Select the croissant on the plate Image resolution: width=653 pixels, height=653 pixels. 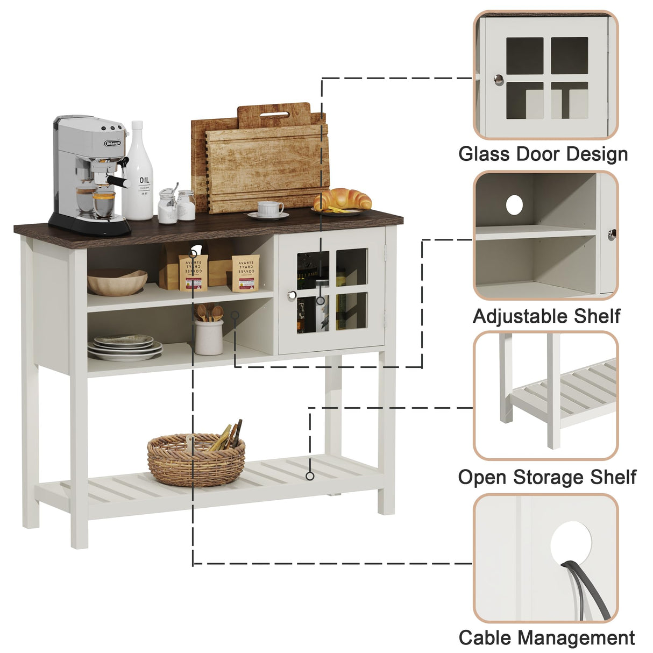pyautogui.click(x=343, y=199)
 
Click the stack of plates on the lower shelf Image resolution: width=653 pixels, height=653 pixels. pyautogui.click(x=125, y=347)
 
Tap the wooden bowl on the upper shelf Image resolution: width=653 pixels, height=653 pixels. pyautogui.click(x=117, y=282)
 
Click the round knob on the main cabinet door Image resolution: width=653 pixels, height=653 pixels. pyautogui.click(x=292, y=295)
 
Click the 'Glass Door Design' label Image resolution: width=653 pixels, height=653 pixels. pyautogui.click(x=543, y=154)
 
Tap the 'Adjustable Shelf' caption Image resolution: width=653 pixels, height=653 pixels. pyautogui.click(x=546, y=316)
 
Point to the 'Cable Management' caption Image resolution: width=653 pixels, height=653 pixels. pyautogui.click(x=546, y=637)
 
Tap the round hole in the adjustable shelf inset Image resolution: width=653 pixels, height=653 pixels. pyautogui.click(x=514, y=204)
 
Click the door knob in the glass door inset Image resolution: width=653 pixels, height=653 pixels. pyautogui.click(x=499, y=80)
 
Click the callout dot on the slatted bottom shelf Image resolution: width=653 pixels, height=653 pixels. pyautogui.click(x=310, y=476)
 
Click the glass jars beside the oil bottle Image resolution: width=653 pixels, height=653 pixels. pyautogui.click(x=176, y=205)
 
